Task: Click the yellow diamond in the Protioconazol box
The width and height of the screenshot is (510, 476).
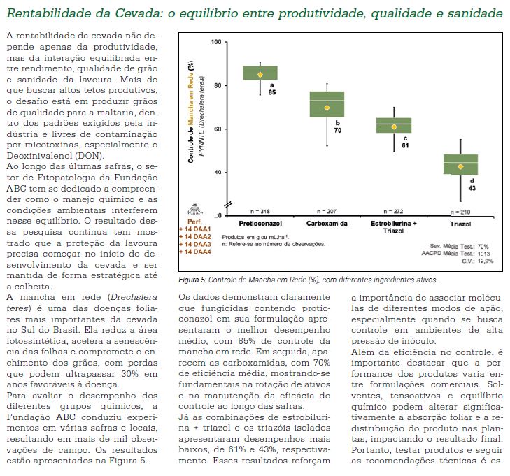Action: (260, 74)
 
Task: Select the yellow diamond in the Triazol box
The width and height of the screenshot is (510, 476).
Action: (460, 166)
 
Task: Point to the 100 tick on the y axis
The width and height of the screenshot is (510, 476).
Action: (215, 43)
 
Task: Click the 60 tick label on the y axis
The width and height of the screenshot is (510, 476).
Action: (217, 129)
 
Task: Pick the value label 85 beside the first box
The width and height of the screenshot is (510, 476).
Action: (271, 92)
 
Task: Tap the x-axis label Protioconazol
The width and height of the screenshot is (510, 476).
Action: (260, 224)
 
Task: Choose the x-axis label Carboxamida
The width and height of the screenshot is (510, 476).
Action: (327, 224)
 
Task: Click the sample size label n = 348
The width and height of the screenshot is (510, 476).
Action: (260, 210)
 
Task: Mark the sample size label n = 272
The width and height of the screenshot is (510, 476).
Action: (394, 210)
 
